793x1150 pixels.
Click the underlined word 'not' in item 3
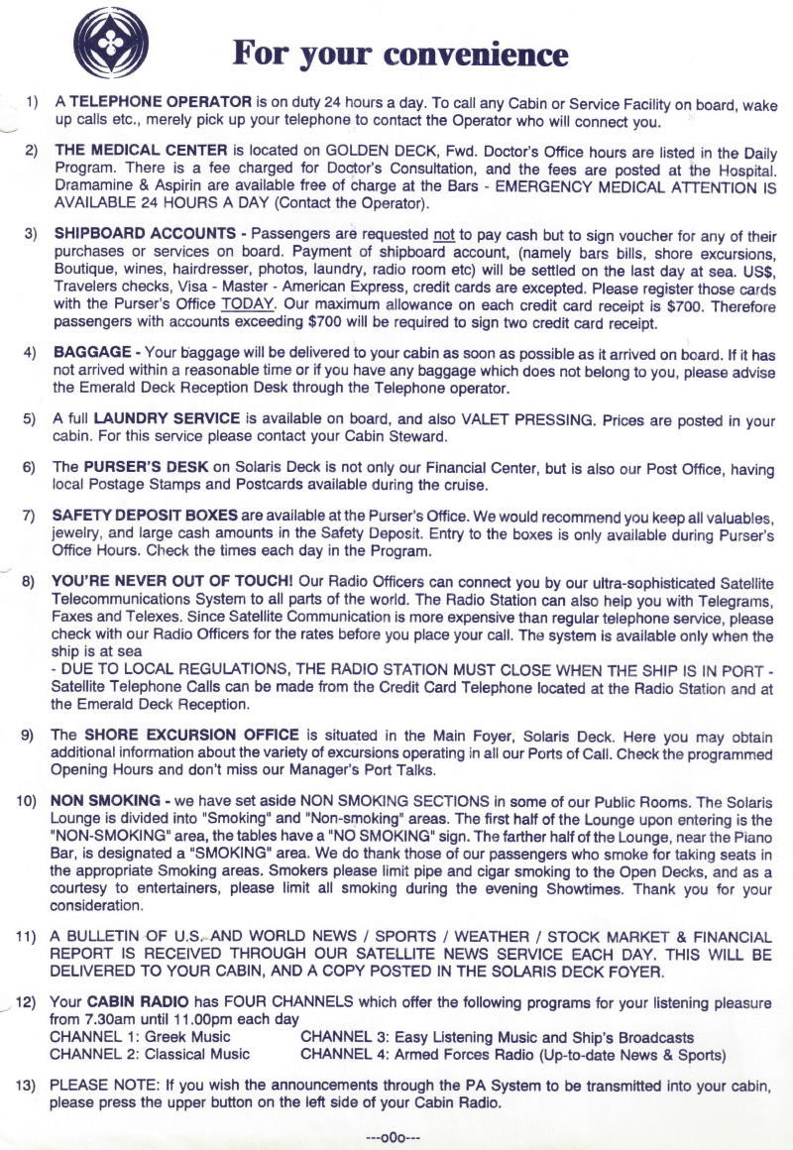coord(444,235)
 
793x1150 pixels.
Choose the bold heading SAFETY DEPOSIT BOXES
coord(145,516)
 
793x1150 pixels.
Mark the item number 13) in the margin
coord(26,1086)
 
